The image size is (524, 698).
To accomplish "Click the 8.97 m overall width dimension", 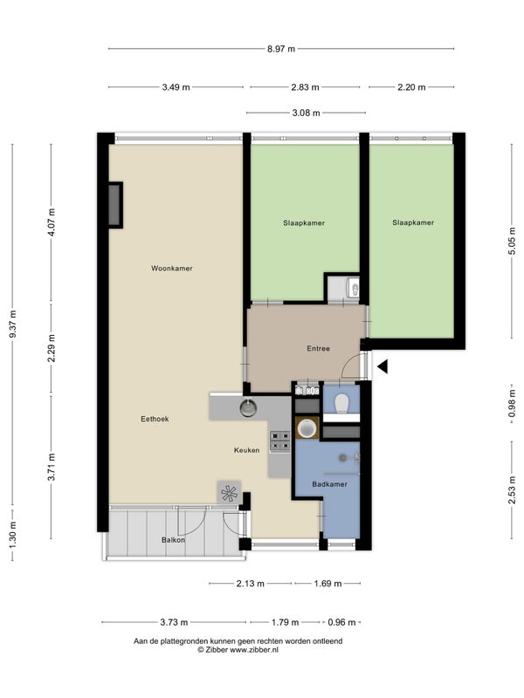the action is (281, 49).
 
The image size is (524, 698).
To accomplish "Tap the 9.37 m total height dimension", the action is (13, 324).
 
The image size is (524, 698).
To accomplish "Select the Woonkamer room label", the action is (171, 269).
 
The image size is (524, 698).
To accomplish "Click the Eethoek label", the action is (155, 419).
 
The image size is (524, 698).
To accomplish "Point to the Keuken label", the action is (247, 450).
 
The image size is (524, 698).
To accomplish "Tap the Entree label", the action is (318, 348).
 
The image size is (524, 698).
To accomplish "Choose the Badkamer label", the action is (329, 484).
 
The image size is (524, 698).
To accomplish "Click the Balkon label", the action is (173, 540).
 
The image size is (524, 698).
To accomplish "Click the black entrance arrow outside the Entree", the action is (383, 366).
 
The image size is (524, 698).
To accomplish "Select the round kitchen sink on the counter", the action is (248, 407).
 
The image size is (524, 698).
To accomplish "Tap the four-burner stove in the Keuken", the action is (279, 441).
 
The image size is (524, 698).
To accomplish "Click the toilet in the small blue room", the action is (341, 404).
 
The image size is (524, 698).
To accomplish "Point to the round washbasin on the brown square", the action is (307, 428).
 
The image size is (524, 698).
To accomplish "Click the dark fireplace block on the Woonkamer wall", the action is (114, 205).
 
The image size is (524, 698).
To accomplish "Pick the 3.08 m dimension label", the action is (307, 113).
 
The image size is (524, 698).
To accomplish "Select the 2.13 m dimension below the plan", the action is (251, 583).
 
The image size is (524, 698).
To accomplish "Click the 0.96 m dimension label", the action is (341, 622).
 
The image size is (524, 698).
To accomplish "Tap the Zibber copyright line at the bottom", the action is (238, 649).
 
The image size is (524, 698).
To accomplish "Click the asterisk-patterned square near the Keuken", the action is (229, 493).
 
